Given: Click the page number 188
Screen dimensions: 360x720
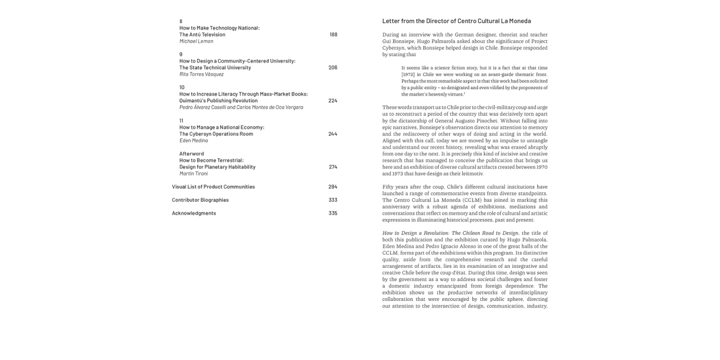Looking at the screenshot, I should click(333, 35).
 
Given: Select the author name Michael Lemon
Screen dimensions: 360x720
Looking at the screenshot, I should click(196, 41).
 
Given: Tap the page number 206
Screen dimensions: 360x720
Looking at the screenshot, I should click(333, 68).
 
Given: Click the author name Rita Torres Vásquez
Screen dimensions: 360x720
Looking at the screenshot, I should click(202, 74).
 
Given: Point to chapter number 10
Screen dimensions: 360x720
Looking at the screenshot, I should click(182, 87).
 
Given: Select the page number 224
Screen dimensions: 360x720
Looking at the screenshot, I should click(333, 101).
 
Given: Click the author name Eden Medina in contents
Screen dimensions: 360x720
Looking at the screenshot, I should click(193, 141).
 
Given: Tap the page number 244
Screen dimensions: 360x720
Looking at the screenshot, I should click(333, 134).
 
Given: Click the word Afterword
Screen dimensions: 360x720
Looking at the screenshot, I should click(192, 154).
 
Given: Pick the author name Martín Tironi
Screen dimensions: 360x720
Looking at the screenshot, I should click(193, 174).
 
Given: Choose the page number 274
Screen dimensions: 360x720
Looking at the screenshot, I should click(333, 167).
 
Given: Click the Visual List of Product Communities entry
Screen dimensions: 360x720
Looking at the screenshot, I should click(213, 187).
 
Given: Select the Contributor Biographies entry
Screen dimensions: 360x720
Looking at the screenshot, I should click(200, 200).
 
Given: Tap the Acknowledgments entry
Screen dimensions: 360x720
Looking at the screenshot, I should click(194, 213).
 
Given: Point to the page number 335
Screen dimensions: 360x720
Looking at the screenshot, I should click(333, 213).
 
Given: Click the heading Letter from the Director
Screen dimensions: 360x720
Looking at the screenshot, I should click(456, 21).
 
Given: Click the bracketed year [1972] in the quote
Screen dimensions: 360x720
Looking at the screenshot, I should click(408, 74).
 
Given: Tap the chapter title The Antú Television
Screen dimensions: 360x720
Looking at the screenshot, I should click(202, 35).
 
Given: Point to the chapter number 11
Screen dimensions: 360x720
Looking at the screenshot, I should click(181, 120).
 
